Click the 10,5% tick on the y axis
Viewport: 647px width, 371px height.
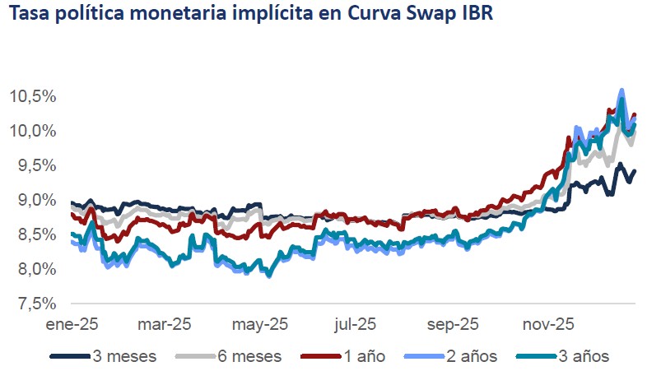33,97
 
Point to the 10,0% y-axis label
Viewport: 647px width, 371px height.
33,132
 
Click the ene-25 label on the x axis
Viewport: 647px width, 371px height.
72,324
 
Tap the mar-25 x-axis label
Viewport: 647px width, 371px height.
165,324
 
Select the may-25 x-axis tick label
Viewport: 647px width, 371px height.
260,324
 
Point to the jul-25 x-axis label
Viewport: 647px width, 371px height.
356,324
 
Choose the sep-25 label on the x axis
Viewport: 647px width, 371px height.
451,324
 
